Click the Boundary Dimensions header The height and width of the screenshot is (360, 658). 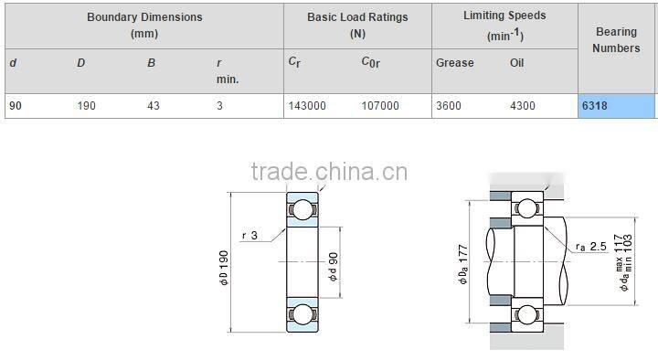click(x=144, y=25)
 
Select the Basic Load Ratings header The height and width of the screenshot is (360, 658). click(x=357, y=25)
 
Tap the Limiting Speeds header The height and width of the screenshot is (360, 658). click(x=504, y=25)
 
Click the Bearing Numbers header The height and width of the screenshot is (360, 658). click(x=616, y=39)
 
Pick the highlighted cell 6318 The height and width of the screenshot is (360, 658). click(x=616, y=106)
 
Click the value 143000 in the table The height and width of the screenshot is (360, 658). click(x=306, y=106)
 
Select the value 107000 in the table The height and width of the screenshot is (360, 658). click(x=380, y=106)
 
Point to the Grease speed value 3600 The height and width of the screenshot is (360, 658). click(x=449, y=106)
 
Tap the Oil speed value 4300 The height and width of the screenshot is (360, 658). click(x=522, y=106)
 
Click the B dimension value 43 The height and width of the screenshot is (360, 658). click(x=154, y=106)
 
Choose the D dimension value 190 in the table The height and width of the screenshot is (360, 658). click(x=87, y=106)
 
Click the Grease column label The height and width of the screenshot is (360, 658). click(x=455, y=63)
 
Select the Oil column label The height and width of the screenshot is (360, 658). click(x=517, y=63)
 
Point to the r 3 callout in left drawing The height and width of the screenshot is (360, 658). click(x=249, y=236)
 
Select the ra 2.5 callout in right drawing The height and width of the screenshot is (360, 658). click(x=591, y=247)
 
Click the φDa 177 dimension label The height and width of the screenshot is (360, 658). click(x=463, y=262)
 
